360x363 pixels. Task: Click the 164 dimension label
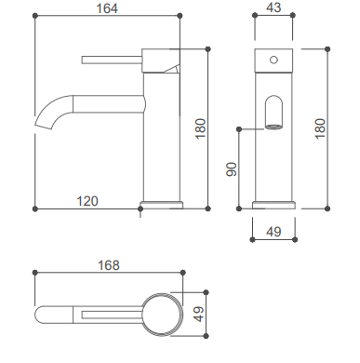click(x=107, y=8)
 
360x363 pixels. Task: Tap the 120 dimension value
click(x=87, y=201)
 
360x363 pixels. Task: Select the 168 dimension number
click(x=109, y=265)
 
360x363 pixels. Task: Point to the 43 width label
click(x=273, y=7)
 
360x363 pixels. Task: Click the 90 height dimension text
click(x=232, y=169)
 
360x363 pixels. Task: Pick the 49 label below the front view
click(x=273, y=232)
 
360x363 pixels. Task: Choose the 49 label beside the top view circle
click(x=199, y=314)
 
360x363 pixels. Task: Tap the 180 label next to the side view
click(x=201, y=128)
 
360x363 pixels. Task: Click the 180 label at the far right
click(x=320, y=128)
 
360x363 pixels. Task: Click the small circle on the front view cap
click(x=273, y=60)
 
